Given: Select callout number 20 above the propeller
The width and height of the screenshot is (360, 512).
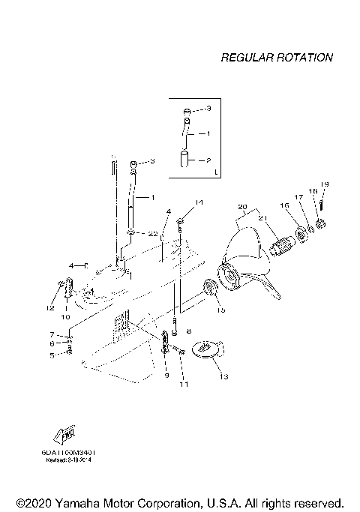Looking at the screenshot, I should (241, 206).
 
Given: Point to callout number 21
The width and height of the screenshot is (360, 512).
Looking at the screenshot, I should (262, 217).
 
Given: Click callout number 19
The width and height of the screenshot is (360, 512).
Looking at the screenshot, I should (325, 184).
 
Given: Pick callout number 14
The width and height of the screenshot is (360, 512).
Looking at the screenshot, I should (199, 203).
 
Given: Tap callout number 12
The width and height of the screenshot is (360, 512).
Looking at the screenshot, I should (51, 307).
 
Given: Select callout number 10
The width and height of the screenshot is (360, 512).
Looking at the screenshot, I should (65, 317).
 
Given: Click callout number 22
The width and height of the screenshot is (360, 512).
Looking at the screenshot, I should (153, 234).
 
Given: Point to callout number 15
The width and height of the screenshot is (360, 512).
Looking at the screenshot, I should (220, 309).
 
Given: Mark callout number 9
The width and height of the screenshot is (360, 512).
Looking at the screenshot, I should (166, 375).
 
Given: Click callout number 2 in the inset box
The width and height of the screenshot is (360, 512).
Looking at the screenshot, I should (209, 160).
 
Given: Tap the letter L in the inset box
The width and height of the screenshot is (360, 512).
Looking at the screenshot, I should (216, 172).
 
